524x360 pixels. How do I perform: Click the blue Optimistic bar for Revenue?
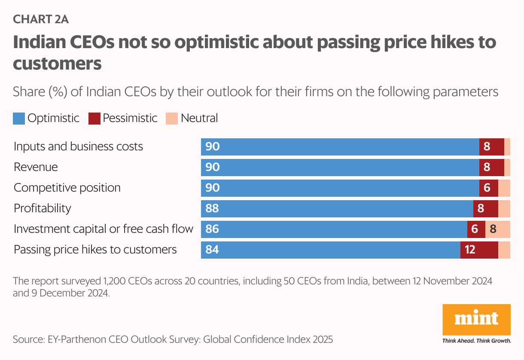click(339, 168)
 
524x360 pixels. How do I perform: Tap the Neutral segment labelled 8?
click(497, 229)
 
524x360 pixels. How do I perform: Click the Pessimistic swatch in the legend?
click(94, 118)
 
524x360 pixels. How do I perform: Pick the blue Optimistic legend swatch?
click(19, 118)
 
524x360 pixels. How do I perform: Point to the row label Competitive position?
click(67, 188)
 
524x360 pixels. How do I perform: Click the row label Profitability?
click(43, 208)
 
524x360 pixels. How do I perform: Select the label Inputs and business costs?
click(78, 146)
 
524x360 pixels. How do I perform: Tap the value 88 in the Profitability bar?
click(212, 209)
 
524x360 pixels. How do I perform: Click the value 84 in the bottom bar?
click(212, 250)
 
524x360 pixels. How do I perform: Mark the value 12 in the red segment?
click(470, 250)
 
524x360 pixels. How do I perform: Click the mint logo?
click(476, 319)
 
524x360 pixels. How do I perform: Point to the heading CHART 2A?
click(41, 19)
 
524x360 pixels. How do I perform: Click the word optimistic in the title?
click(211, 43)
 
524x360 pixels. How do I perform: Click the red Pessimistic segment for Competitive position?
click(488, 188)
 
